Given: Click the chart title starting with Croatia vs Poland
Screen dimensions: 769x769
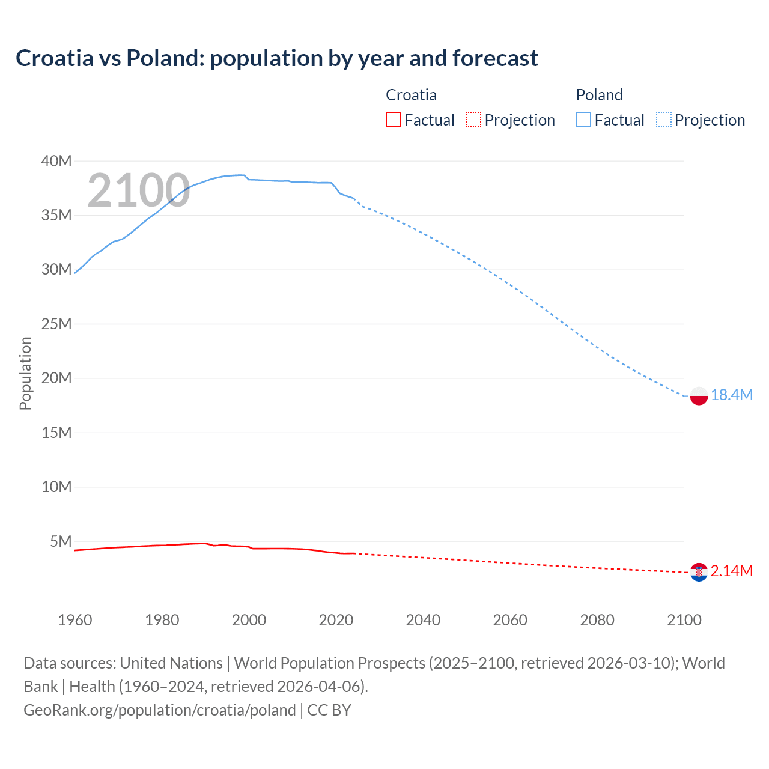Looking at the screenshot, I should (276, 58).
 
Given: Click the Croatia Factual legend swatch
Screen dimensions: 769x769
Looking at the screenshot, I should (393, 120).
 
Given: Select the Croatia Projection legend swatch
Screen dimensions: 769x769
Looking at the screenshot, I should (473, 120).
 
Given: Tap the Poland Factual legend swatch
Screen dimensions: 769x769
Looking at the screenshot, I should (583, 120).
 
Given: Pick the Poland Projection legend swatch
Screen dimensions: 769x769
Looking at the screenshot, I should (664, 120).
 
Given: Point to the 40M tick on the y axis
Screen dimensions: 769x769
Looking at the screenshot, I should (56, 161).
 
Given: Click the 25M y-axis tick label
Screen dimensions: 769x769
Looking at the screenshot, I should (56, 324).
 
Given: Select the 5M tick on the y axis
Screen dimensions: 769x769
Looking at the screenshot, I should (61, 541).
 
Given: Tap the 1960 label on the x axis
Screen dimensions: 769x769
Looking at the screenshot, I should (75, 620).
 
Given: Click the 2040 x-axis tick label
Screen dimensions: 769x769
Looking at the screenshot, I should (423, 620).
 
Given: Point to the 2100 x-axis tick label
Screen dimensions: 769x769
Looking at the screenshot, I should (684, 620).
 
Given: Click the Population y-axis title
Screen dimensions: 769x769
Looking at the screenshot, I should (25, 373).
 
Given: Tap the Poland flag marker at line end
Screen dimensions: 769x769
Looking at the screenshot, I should (699, 396).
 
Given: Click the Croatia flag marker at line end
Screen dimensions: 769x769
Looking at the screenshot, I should (699, 572).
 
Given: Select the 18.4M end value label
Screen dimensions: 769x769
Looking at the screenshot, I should (731, 395).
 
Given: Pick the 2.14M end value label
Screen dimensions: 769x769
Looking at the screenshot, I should (731, 571).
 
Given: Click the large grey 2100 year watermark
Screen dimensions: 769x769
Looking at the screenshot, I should (139, 190).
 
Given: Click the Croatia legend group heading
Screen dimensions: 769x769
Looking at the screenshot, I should (411, 95).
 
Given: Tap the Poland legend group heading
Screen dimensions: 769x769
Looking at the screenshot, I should (599, 95).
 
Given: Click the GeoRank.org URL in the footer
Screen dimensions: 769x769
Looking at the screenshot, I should (160, 710).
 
